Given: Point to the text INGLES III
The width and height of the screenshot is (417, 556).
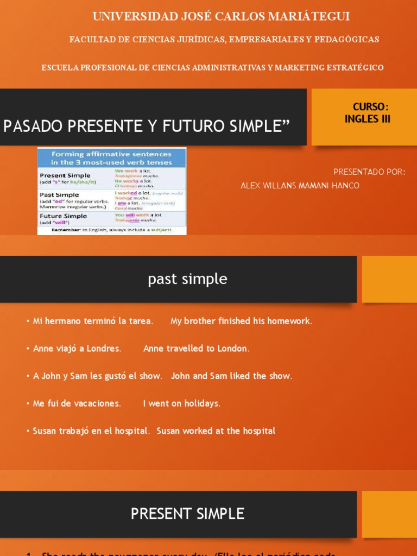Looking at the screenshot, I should [x=368, y=119].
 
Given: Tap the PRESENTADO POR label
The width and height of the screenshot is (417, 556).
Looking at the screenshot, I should [x=369, y=172].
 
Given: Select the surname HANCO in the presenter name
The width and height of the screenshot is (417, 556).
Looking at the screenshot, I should [x=345, y=186].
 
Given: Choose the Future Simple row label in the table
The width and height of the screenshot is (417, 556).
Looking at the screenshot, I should [x=63, y=216].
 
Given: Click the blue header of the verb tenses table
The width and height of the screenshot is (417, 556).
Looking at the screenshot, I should [x=111, y=158].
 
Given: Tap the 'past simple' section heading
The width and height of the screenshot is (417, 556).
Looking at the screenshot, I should [x=187, y=280].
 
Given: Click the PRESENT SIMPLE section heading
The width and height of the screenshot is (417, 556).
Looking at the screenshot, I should [x=187, y=514].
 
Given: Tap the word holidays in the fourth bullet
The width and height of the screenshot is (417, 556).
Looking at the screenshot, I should [x=201, y=403].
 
